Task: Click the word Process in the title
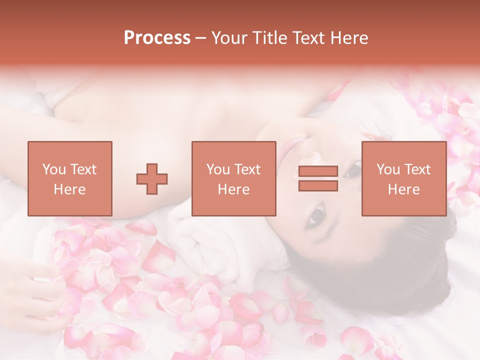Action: pyautogui.click(x=157, y=38)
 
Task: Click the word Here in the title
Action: pyautogui.click(x=350, y=38)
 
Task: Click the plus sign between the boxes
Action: pyautogui.click(x=152, y=179)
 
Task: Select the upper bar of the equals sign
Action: pyautogui.click(x=318, y=171)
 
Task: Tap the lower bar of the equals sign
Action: pyautogui.click(x=318, y=186)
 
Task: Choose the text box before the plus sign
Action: pyautogui.click(x=69, y=179)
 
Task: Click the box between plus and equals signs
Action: pyautogui.click(x=233, y=179)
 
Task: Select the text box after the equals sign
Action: pyautogui.click(x=403, y=179)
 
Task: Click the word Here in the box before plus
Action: pyautogui.click(x=69, y=189)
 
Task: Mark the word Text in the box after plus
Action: pyautogui.click(x=247, y=169)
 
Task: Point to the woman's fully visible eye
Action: pyautogui.click(x=316, y=216)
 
